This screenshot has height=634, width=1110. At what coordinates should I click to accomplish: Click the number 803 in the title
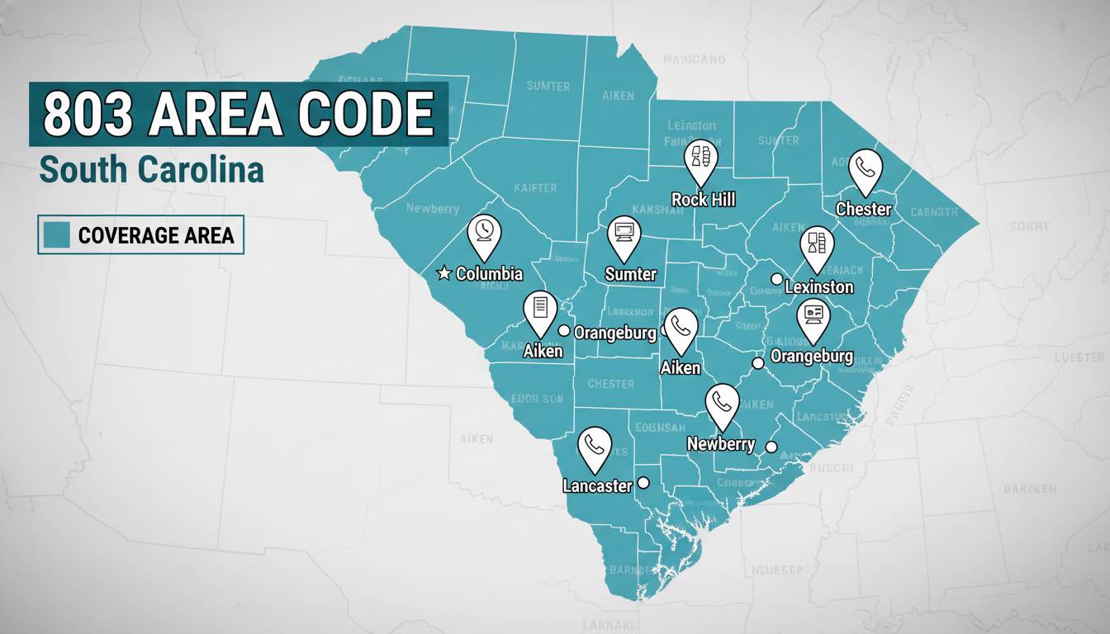click(x=87, y=114)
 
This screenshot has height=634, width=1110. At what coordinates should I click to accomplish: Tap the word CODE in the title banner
click(x=366, y=114)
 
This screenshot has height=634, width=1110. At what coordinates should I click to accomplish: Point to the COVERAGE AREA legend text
click(x=156, y=236)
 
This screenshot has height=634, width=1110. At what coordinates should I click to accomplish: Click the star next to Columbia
click(x=444, y=273)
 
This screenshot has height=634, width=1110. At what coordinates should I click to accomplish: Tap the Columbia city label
click(x=489, y=273)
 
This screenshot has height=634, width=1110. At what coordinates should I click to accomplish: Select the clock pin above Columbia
click(x=484, y=234)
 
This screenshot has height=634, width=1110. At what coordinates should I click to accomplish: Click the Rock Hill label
click(x=703, y=199)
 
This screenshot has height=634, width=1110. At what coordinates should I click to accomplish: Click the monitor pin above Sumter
click(x=624, y=234)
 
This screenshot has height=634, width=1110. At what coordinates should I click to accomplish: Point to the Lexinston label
click(x=818, y=287)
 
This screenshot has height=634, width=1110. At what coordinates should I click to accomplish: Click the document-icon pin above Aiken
click(x=541, y=310)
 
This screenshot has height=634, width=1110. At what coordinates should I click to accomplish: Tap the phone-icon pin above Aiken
click(x=681, y=328)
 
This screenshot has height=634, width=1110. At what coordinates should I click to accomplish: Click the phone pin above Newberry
click(x=723, y=404)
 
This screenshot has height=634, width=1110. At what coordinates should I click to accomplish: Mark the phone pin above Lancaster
click(x=595, y=447)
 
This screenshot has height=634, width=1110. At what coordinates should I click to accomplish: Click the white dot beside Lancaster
click(x=643, y=483)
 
